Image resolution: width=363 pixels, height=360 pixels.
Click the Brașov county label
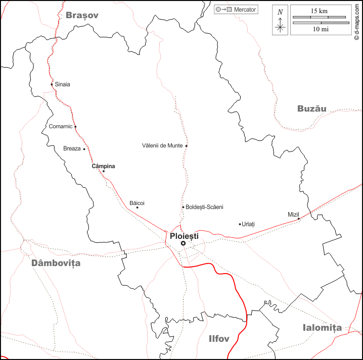[82, 15]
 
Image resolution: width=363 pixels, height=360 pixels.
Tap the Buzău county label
[311, 109]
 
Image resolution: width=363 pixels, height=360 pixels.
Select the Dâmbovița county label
[56, 263]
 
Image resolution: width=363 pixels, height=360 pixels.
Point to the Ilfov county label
[219, 338]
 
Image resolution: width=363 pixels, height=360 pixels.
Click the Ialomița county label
[322, 328]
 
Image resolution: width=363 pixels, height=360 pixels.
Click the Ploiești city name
[185, 236]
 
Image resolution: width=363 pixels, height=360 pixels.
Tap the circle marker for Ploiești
[183, 243]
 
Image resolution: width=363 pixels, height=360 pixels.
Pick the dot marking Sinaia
[52, 84]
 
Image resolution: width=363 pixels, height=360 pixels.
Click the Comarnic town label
[61, 126]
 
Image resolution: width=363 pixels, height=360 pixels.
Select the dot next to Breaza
[84, 149]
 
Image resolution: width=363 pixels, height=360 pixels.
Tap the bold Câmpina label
[103, 166]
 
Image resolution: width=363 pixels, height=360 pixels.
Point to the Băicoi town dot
[137, 207]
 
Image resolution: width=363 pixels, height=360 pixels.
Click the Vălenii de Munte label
[162, 146]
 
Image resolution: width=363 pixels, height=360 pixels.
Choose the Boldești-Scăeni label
[204, 207]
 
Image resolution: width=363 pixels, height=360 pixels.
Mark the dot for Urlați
[240, 224]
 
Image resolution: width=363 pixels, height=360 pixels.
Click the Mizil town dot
[299, 219]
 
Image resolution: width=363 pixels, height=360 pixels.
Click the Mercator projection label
[245, 10]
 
